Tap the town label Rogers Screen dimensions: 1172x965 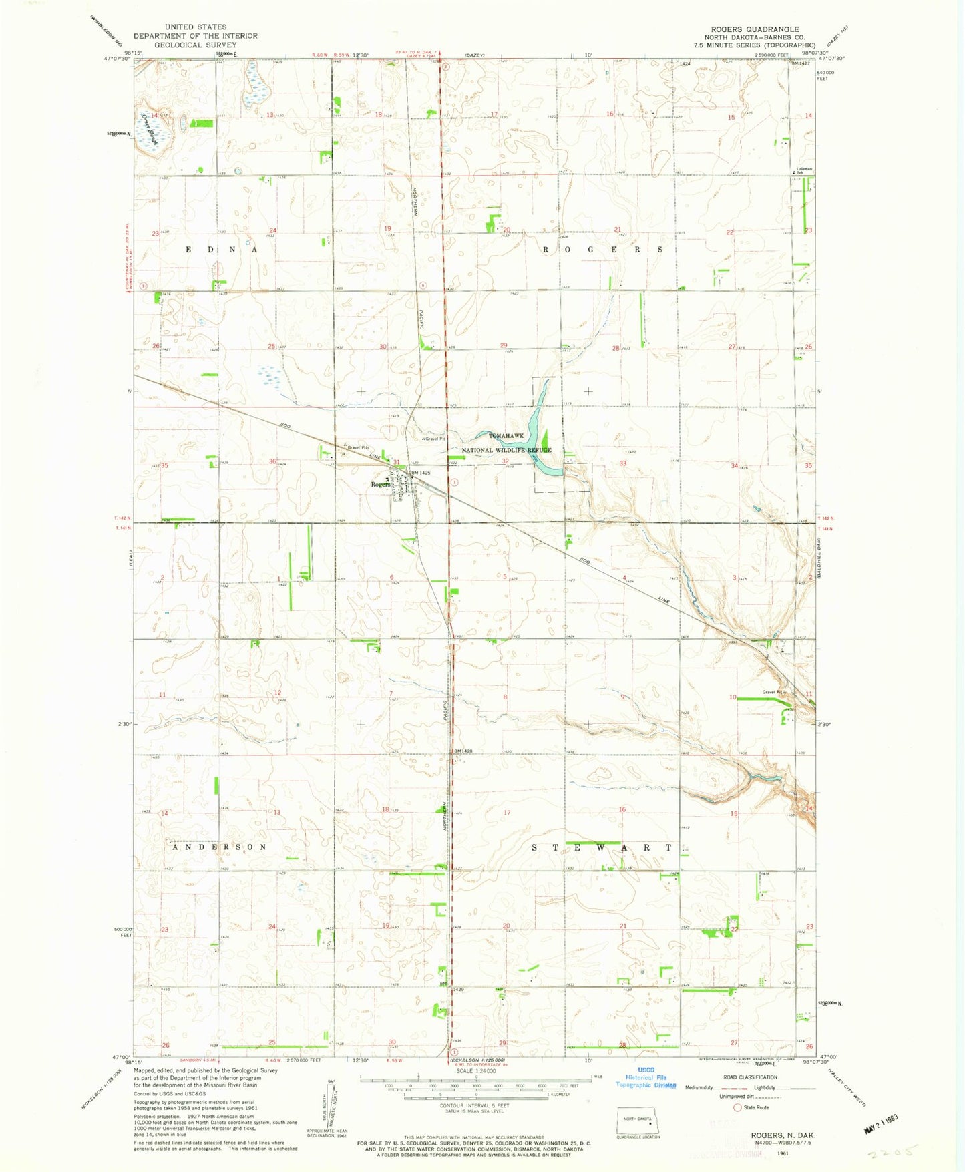[381, 484]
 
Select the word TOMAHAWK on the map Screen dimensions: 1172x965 [506, 435]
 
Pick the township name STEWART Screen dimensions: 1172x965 [602, 847]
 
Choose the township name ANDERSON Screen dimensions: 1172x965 [220, 847]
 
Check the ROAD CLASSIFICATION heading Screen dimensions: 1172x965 [751, 1077]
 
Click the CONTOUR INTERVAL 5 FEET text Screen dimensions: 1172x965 [475, 1105]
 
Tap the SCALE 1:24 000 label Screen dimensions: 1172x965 [475, 1072]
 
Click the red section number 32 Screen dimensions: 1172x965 [506, 461]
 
